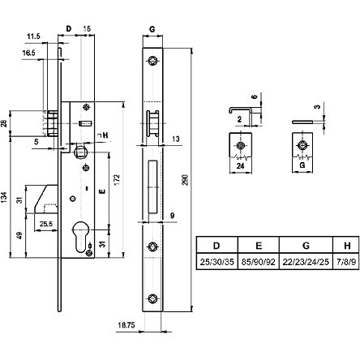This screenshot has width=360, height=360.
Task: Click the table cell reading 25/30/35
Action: click(x=216, y=262)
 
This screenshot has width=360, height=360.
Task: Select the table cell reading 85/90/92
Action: click(x=259, y=262)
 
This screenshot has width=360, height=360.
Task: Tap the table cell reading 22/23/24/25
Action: click(x=306, y=262)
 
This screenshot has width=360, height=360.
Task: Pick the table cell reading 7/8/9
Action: click(x=346, y=262)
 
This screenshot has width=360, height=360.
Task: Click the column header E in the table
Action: click(x=259, y=246)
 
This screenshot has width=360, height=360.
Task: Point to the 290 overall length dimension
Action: click(x=186, y=180)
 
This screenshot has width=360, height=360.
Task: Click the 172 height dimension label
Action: click(x=117, y=180)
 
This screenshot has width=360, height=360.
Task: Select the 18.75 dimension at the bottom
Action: click(x=126, y=325)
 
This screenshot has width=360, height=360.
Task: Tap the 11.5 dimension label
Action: click(x=33, y=36)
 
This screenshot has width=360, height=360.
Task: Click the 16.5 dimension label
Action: click(x=29, y=53)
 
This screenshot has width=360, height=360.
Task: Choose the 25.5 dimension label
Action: click(x=46, y=224)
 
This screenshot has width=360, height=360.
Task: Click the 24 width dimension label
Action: click(x=240, y=165)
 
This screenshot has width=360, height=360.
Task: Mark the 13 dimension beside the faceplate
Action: click(x=176, y=139)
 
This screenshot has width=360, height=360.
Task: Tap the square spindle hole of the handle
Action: click(x=80, y=152)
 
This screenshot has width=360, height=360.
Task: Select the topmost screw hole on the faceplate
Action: click(x=152, y=60)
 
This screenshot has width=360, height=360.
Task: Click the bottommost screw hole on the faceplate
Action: click(x=152, y=298)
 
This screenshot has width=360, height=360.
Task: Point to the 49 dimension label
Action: click(x=20, y=235)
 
